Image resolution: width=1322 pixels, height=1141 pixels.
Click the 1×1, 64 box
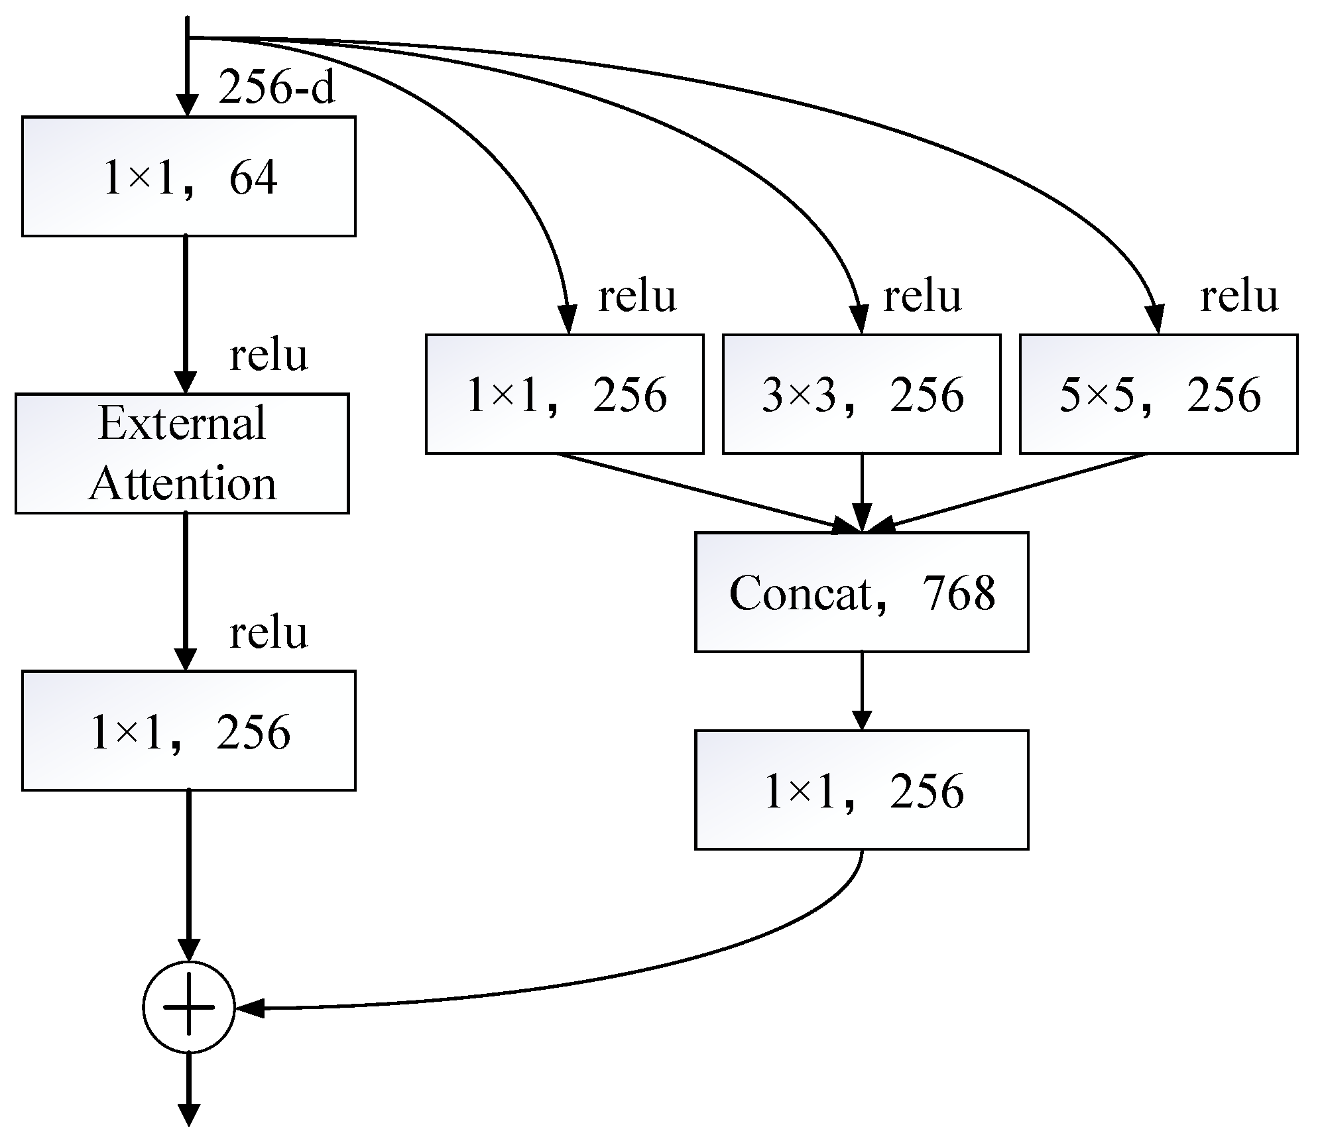189,176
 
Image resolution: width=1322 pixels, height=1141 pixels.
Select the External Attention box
182,453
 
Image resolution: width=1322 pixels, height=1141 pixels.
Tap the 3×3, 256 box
861,394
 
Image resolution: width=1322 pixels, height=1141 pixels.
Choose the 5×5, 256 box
1158,394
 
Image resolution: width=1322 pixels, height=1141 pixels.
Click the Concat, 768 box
861,592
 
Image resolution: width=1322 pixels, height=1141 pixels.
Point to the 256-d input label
277,88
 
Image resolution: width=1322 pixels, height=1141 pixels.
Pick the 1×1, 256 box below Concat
861,790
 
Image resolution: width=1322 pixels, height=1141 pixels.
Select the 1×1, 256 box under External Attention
189,731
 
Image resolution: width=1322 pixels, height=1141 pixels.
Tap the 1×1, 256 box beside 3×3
564,394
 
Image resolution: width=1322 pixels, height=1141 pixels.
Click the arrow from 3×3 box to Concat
861,492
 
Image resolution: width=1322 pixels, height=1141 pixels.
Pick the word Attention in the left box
182,484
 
